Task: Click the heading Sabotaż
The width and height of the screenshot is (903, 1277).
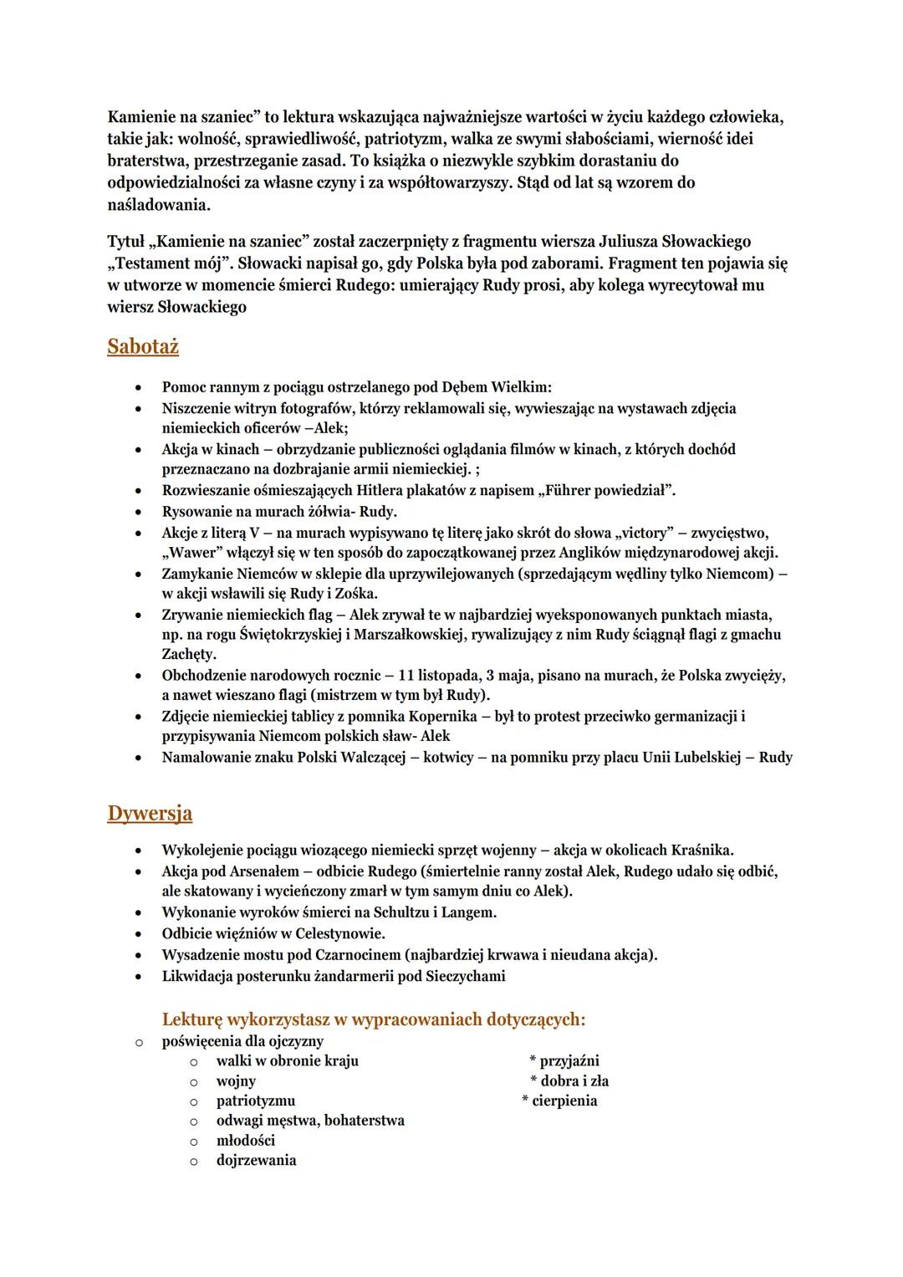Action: [x=143, y=347]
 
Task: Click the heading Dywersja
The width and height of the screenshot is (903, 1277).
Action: [x=150, y=814]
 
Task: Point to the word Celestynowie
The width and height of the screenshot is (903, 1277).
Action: [x=338, y=933]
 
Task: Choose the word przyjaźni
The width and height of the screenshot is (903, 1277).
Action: [x=569, y=1061]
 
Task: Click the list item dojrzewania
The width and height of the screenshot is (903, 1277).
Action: [x=256, y=1161]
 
